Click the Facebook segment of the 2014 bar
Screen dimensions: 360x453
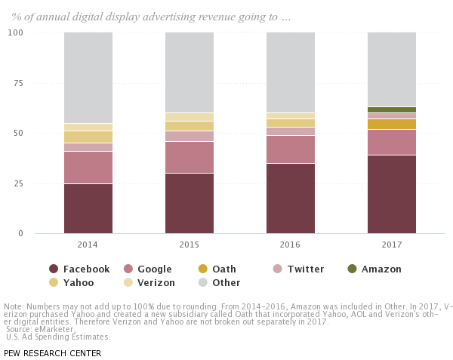point(88,208)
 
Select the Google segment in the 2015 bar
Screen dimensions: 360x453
point(190,157)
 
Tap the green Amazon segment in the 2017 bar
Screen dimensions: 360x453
point(392,109)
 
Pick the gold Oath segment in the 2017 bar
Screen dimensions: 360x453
point(392,124)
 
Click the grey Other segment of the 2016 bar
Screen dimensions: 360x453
point(291,72)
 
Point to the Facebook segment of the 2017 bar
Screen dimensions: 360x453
point(392,194)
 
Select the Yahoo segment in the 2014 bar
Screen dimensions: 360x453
point(88,137)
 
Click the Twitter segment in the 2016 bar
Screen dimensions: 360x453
point(291,131)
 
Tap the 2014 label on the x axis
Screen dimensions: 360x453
point(88,245)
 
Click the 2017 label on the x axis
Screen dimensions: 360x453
point(392,245)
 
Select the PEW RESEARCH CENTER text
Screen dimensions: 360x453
point(52,352)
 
